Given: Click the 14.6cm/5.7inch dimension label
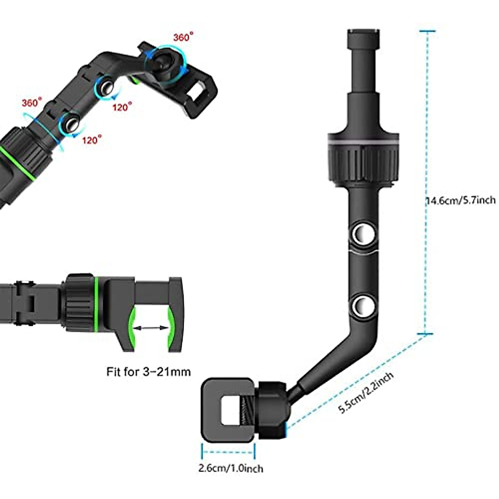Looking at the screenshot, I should click(460, 200).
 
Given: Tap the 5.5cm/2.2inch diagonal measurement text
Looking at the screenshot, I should click(366, 393).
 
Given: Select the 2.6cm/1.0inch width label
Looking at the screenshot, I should click(230, 468).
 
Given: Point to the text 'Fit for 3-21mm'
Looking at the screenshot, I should click(148, 371).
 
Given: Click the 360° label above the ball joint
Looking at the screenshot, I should click(183, 37).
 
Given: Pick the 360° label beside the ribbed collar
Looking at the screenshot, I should click(32, 102).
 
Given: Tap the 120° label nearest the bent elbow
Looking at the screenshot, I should click(122, 107).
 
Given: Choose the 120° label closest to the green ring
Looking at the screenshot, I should click(91, 140).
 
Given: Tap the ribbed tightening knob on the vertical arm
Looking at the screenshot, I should click(363, 158).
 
